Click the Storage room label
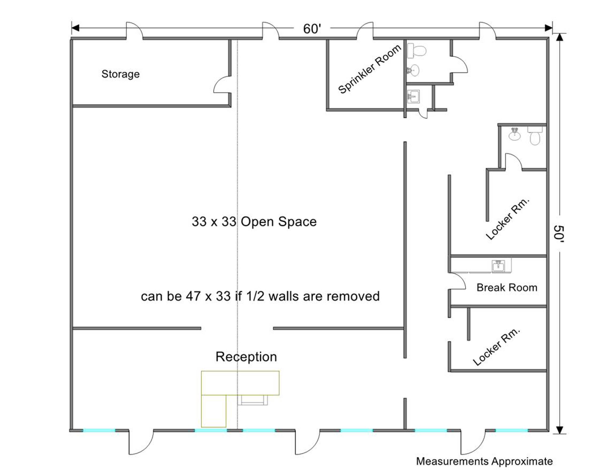[x=121, y=74]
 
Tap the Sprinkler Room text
[x=369, y=69]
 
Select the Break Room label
[x=507, y=288]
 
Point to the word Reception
[x=246, y=357]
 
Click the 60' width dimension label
[x=312, y=29]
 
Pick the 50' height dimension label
[x=559, y=234]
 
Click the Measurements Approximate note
[x=484, y=461]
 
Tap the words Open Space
[x=278, y=222]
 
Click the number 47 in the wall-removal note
[x=193, y=296]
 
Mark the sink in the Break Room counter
[x=498, y=266]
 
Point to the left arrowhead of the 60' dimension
[x=75, y=28]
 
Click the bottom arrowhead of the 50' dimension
[x=560, y=430]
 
